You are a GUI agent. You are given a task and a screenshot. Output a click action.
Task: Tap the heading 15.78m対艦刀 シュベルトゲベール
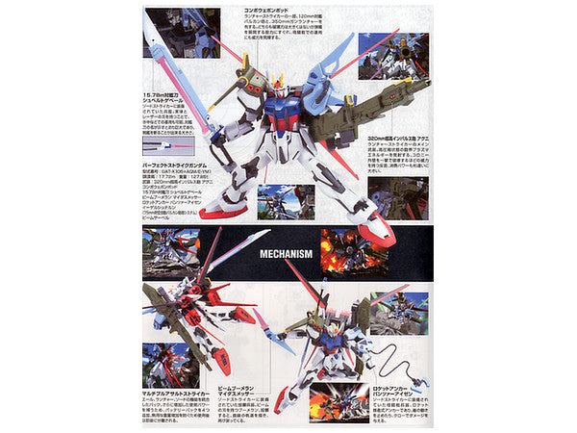(x=172, y=93)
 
